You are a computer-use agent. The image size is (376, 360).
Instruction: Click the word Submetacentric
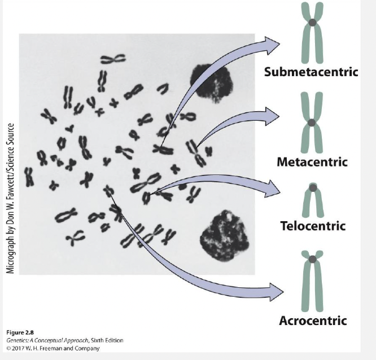311,72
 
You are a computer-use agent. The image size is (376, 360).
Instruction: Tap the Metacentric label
312,163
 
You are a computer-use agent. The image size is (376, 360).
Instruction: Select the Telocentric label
312,226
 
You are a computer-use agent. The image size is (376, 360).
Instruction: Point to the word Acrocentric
312,321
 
